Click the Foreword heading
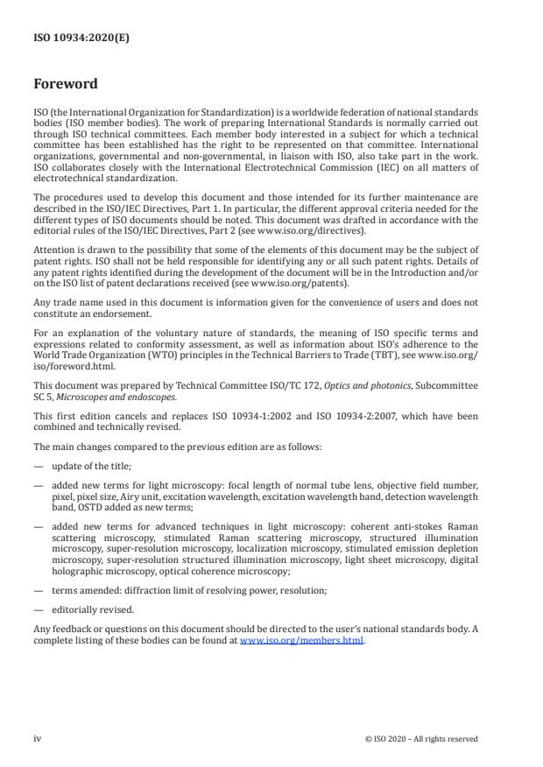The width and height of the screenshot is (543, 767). click(66, 84)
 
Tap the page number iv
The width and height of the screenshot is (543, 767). click(38, 738)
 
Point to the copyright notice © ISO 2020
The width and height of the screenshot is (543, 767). click(421, 739)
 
